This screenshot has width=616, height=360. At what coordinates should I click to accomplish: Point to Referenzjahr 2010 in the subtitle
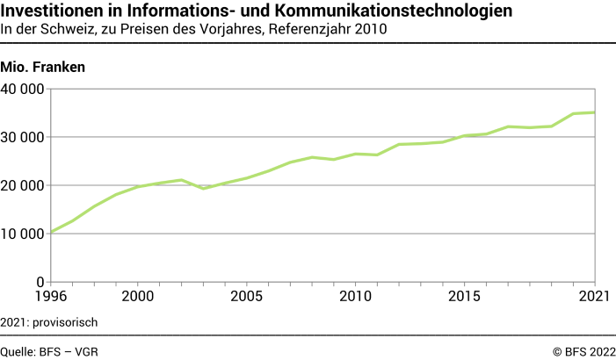tap(327, 29)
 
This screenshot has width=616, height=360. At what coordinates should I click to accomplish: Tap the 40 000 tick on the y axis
tap(23, 89)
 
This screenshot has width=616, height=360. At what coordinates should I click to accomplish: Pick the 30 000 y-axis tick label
tap(23, 137)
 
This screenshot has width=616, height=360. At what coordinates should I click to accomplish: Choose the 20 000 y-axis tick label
tap(23, 185)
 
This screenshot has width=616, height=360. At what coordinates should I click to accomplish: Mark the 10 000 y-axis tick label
tap(23, 234)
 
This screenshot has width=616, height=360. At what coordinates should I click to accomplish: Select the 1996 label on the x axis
tap(50, 298)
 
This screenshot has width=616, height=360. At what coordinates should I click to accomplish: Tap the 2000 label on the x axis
tap(138, 298)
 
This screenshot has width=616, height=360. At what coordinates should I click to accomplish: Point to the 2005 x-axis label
tap(247, 298)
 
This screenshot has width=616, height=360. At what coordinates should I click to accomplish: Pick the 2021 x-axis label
tap(594, 298)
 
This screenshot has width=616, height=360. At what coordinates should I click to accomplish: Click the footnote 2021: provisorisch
tap(48, 322)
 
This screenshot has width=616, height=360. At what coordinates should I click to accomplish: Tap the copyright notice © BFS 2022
tap(583, 351)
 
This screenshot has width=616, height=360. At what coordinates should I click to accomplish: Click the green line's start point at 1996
tap(51, 232)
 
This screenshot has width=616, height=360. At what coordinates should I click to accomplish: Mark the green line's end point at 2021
tap(595, 112)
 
